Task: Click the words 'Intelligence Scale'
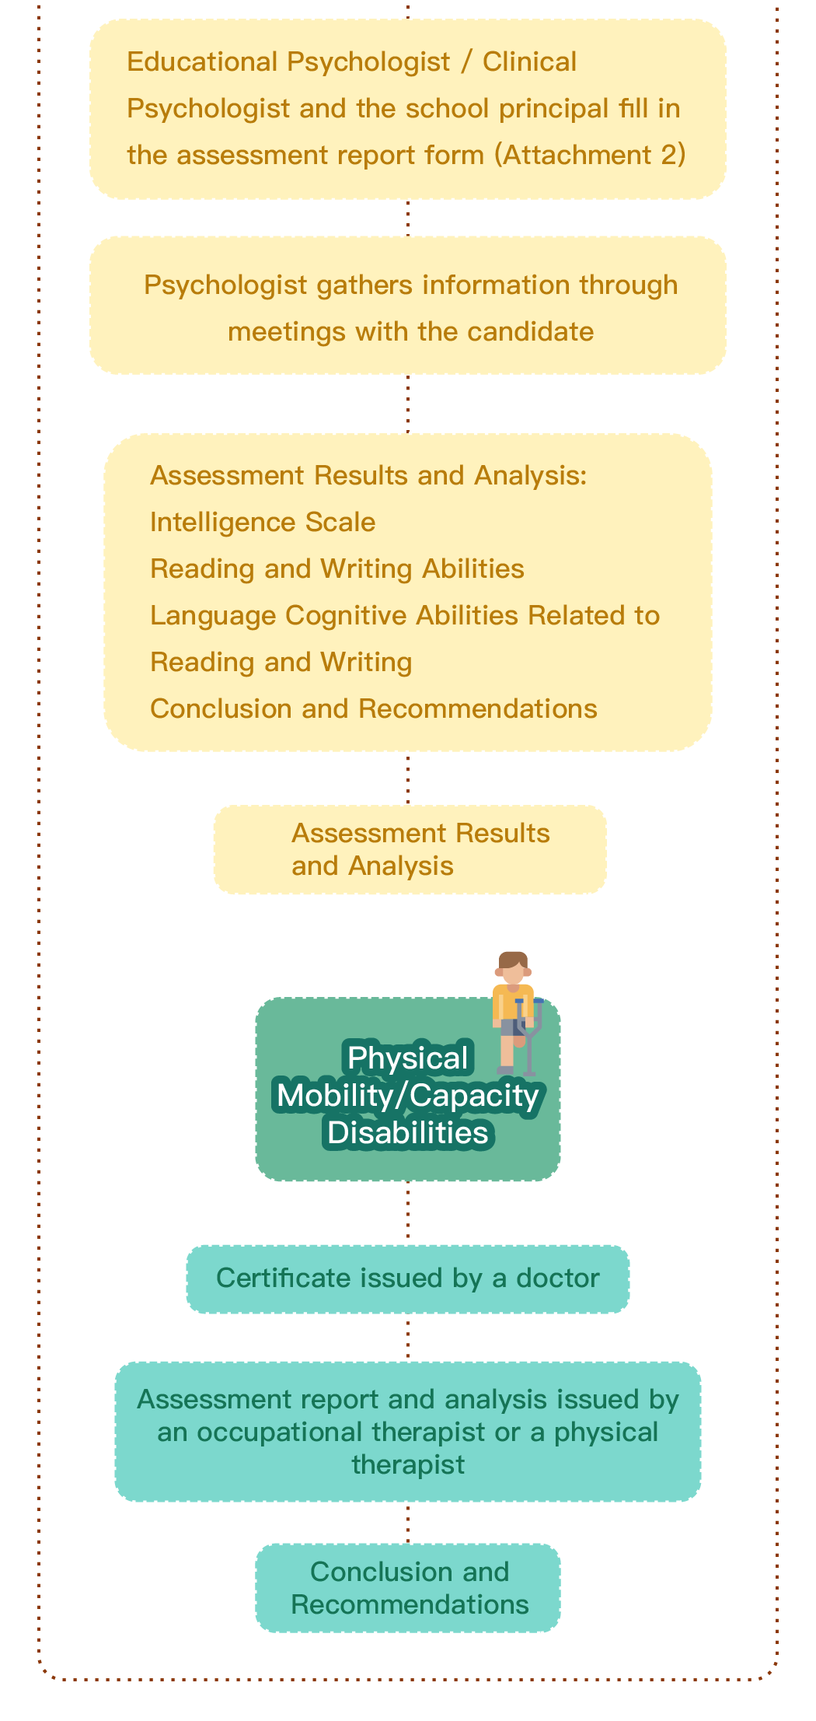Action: point(263,522)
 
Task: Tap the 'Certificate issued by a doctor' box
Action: point(408,1279)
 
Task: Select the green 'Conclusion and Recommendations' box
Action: point(408,1587)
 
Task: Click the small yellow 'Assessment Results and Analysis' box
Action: point(410,849)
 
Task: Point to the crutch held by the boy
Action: point(531,1037)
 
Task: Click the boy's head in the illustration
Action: point(513,968)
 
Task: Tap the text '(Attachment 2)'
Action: point(591,155)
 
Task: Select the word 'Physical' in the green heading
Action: point(408,1058)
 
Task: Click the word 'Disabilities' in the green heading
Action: point(408,1132)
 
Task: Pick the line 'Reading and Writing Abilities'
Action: point(337,568)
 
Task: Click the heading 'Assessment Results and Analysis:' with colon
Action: point(368,475)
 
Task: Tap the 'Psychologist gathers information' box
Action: point(408,306)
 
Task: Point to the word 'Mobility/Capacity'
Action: point(408,1095)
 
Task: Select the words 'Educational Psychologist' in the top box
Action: point(288,61)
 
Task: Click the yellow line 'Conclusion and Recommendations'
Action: point(374,708)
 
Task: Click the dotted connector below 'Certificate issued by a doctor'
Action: point(408,1338)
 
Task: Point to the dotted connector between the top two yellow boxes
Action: point(408,218)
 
